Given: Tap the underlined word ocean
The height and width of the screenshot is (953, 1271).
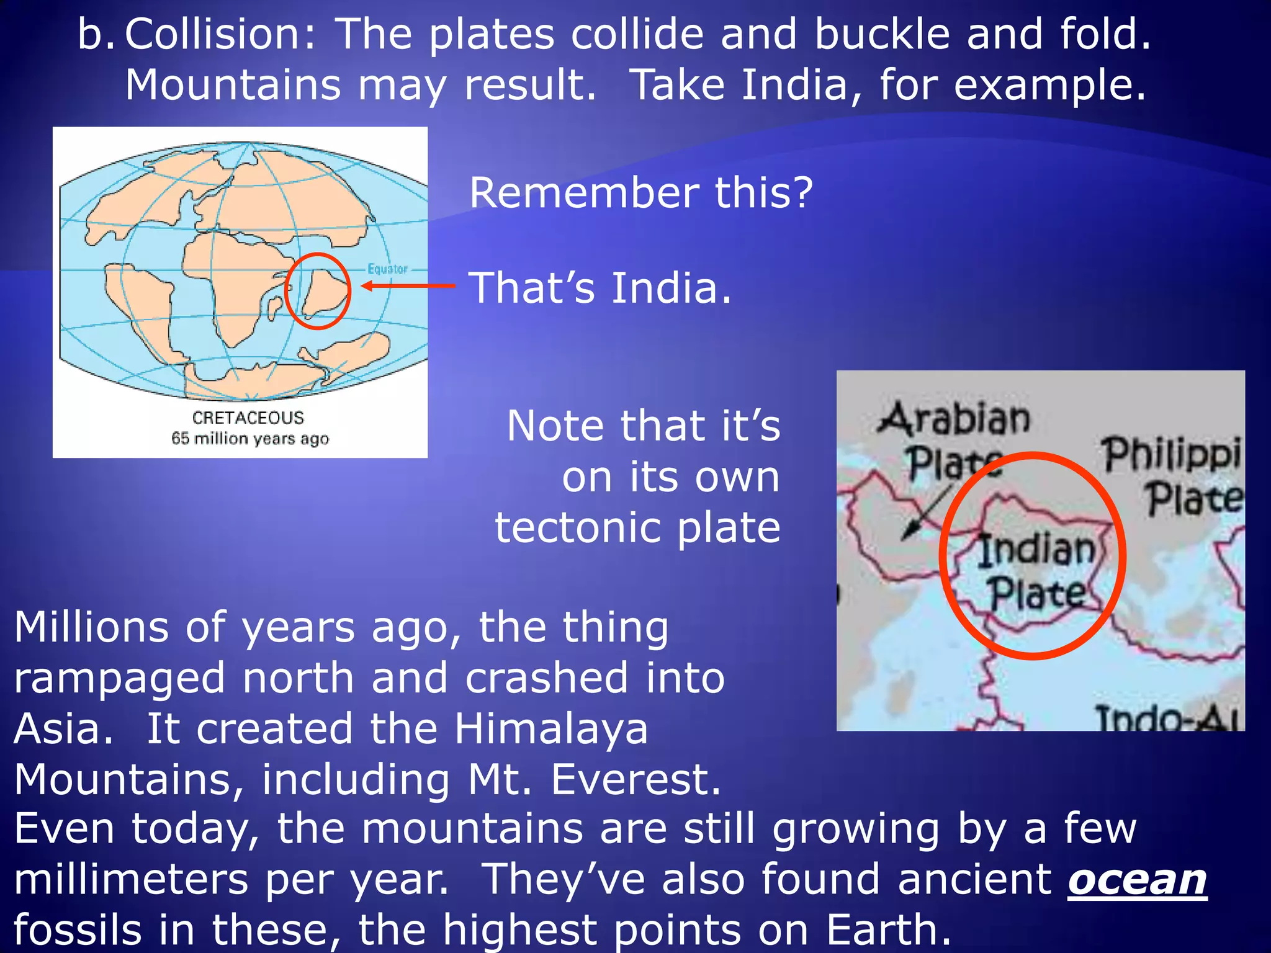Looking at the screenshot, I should [x=1137, y=880].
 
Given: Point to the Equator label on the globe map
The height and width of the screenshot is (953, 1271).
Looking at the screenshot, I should [x=387, y=269].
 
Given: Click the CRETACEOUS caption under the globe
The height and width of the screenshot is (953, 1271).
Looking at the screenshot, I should [x=248, y=418].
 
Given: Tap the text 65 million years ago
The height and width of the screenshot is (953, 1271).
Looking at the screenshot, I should [x=250, y=439].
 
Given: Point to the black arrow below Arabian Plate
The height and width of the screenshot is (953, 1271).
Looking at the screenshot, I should [x=927, y=512].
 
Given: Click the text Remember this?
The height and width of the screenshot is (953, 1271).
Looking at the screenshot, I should [x=640, y=193].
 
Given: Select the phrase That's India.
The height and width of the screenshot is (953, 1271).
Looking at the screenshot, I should [x=600, y=288].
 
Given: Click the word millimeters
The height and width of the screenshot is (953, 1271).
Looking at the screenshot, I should [x=130, y=880].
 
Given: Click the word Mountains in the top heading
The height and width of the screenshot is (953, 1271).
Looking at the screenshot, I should [x=233, y=85].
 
